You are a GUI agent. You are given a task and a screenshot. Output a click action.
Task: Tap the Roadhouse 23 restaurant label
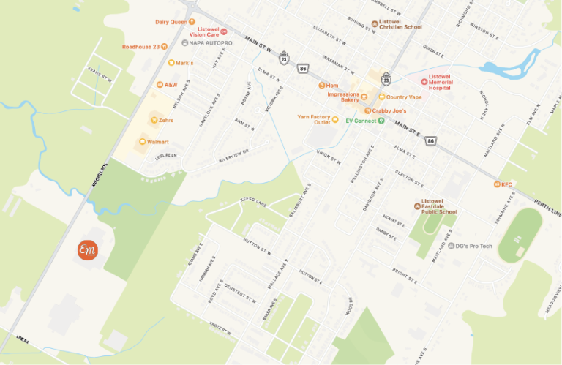click(x=141, y=47)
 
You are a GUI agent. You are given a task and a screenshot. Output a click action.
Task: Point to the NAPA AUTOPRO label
click(x=211, y=43)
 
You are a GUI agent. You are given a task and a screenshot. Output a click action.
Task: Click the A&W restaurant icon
click(x=160, y=85)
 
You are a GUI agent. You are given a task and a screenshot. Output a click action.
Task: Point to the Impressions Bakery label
click(x=343, y=97)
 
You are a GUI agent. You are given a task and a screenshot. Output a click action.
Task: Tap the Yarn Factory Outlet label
click(x=314, y=119)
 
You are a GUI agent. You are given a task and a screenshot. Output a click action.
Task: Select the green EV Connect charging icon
click(x=381, y=121)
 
